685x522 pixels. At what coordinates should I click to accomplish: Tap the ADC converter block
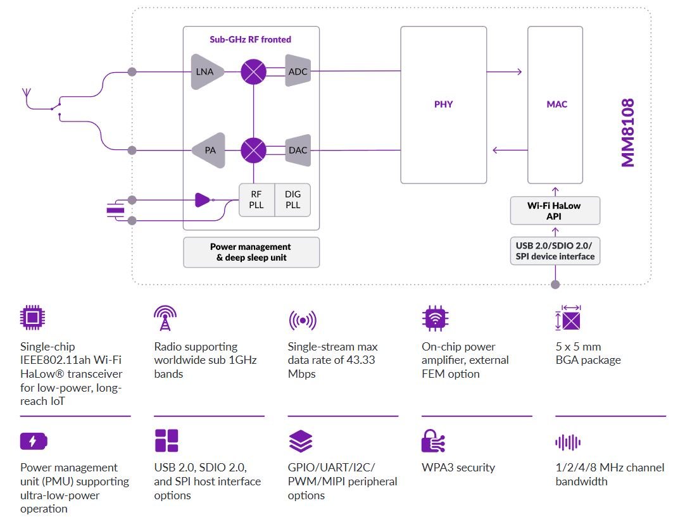(298, 71)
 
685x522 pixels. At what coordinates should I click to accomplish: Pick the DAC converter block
(298, 150)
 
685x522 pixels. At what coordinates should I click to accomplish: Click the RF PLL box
(256, 200)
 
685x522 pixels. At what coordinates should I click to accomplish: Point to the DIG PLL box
(293, 200)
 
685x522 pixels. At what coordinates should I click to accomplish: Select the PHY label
(443, 104)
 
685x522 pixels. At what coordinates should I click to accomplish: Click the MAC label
(557, 104)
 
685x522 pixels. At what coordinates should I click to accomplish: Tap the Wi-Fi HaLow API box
(555, 211)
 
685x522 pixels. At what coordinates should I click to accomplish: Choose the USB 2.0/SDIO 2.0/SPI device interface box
(555, 251)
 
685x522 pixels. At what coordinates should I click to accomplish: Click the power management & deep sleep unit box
(251, 252)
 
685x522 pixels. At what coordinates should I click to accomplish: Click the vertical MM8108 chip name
(627, 133)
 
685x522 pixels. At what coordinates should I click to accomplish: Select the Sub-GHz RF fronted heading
(251, 39)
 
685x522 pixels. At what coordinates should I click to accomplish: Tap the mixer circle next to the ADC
(253, 71)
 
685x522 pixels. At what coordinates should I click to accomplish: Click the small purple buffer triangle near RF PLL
(202, 200)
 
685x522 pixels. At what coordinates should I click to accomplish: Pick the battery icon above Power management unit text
(33, 441)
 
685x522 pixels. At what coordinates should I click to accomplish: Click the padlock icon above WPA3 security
(433, 441)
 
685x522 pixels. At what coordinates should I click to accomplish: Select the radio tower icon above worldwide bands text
(164, 318)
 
